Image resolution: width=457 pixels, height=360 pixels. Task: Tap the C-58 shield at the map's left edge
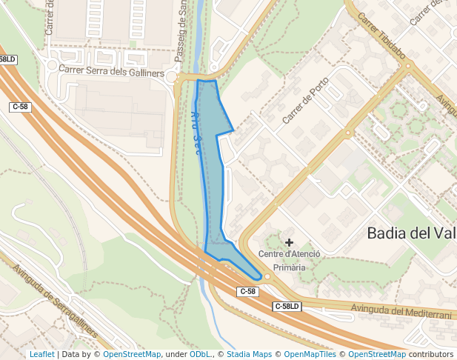point(20,107)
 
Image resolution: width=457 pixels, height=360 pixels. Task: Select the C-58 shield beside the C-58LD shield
point(247,292)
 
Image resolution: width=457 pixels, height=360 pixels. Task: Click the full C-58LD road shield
point(287,306)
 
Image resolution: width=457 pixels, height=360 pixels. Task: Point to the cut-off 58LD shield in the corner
point(7,59)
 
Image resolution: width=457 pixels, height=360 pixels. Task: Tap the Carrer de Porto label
point(305,100)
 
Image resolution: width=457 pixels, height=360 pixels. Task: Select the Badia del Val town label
point(411,233)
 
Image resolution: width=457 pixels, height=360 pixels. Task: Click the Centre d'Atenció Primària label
point(289,260)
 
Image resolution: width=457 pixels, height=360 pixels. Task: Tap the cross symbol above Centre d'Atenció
point(289,242)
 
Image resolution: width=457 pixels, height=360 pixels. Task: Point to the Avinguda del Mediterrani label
point(401,312)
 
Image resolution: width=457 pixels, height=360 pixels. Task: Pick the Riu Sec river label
point(197,127)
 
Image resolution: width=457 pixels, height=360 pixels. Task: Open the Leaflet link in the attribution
point(41,355)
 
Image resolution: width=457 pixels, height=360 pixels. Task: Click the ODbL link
point(200,355)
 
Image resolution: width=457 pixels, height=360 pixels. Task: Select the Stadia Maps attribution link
point(249,355)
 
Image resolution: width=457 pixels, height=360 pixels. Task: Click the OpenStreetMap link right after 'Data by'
point(132,355)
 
